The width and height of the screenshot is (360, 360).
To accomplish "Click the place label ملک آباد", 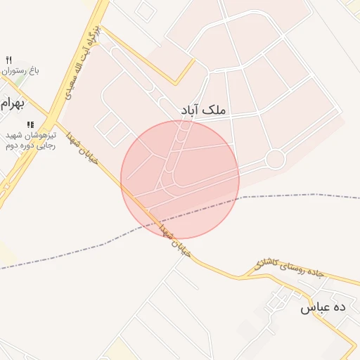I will pyautogui.click(x=204, y=110).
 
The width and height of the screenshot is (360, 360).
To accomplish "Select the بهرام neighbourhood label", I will pyautogui.click(x=12, y=105).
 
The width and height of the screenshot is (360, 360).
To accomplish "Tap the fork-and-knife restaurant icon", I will pyautogui.click(x=8, y=60).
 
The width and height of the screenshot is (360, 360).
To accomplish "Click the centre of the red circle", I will pyautogui.click(x=180, y=179).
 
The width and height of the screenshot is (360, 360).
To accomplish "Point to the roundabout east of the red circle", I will pyautogui.click(x=275, y=160).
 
